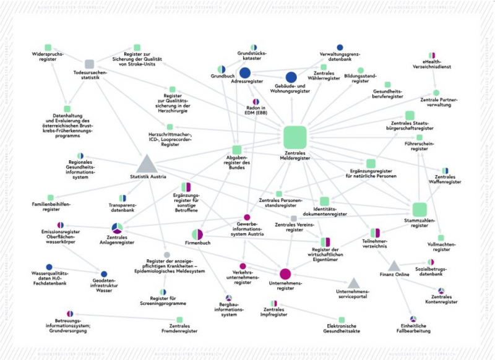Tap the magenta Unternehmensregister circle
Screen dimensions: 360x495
285,274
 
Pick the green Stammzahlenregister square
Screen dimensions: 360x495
420,210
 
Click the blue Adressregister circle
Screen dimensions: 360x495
244,72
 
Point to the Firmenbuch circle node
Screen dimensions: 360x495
198,234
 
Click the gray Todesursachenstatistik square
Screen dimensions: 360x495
89,64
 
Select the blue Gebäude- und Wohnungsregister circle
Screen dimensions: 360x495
291,76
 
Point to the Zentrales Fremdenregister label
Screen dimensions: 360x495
179,327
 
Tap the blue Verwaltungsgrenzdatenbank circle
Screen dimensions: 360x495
340,47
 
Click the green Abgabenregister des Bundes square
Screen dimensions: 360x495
235,150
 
